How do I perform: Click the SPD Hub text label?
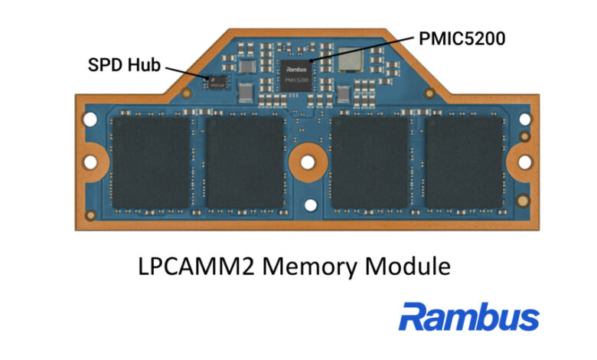click(122, 65)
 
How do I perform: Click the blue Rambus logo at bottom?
click(468, 316)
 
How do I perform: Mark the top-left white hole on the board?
click(90, 120)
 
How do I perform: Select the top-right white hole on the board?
click(526, 120)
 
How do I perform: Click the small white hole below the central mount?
click(308, 205)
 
